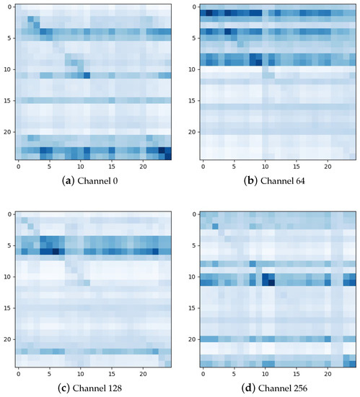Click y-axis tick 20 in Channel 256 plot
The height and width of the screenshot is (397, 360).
click(x=191, y=339)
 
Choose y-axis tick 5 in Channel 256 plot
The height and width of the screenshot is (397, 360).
click(x=193, y=245)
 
